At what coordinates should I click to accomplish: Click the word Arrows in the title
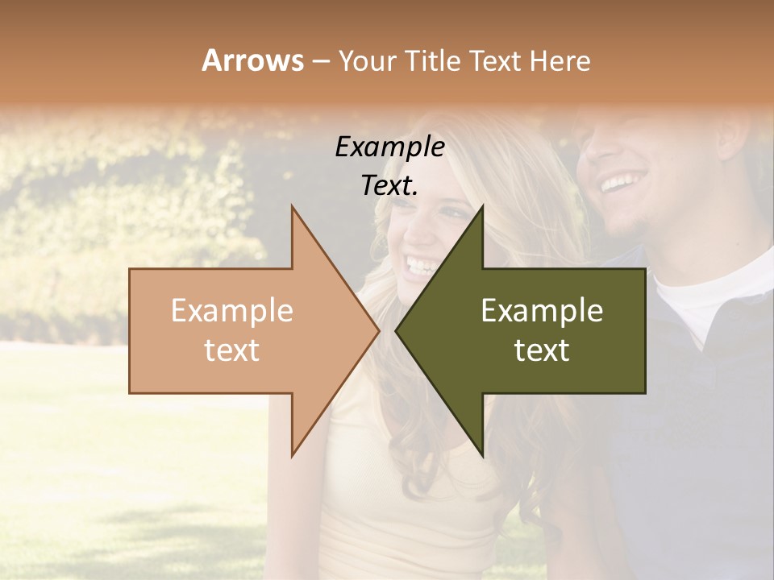click(x=252, y=60)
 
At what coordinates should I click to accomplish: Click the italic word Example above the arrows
click(x=389, y=147)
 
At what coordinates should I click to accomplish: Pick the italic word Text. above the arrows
click(x=389, y=185)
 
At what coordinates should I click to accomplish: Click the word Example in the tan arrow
click(x=232, y=311)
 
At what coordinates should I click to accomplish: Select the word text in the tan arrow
click(x=232, y=350)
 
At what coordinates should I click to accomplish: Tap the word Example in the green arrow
click(x=542, y=311)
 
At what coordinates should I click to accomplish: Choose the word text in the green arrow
click(x=542, y=350)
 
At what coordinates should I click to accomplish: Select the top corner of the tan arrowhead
click(x=293, y=208)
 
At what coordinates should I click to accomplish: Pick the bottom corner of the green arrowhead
click(x=482, y=455)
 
